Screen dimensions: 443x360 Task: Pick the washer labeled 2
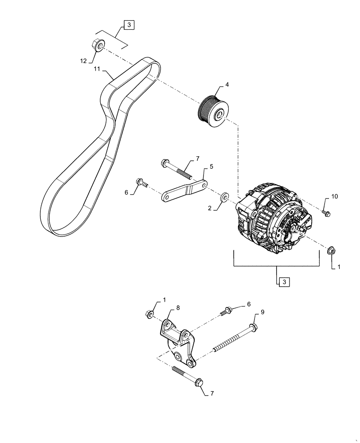click(x=225, y=196)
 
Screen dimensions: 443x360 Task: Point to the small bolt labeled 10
click(x=326, y=214)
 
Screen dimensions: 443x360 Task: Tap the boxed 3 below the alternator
click(x=282, y=281)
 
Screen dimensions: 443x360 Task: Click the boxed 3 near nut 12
click(x=128, y=25)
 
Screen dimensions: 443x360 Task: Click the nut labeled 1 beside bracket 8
click(x=149, y=315)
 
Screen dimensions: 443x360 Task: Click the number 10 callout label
click(x=334, y=196)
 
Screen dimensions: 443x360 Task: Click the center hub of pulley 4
click(x=219, y=116)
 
